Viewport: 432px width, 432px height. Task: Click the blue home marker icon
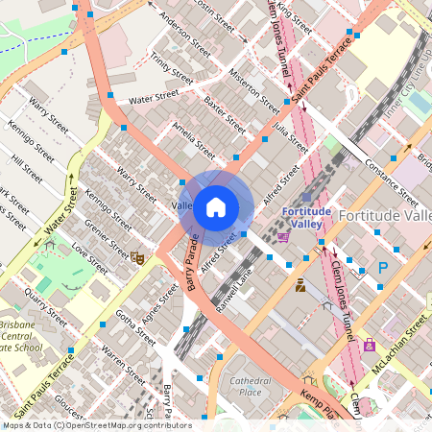point(216,206)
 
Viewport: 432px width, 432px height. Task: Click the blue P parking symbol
point(383,268)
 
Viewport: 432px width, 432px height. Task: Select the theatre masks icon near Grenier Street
point(137,257)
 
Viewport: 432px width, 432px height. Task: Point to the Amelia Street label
point(193,140)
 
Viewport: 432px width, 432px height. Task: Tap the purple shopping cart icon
point(283,236)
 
